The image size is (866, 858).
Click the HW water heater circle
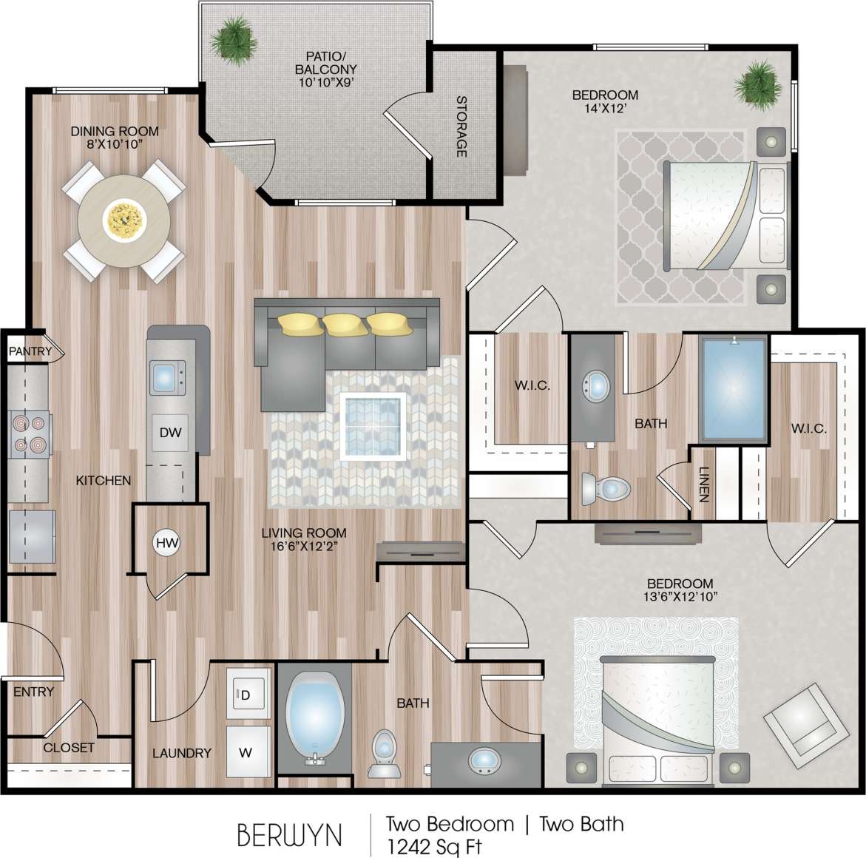168,544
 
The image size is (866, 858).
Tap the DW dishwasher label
170,433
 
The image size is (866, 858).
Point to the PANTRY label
30,351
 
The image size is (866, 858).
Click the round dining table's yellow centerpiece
124,220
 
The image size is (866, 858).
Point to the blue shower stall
734,390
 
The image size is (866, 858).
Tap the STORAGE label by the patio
461,126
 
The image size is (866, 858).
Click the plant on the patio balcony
231,35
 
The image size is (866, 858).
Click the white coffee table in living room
374,428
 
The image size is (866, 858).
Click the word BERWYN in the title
289,835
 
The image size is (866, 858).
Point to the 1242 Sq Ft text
436,845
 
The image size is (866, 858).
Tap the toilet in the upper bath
604,488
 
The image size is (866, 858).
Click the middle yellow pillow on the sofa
343,323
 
